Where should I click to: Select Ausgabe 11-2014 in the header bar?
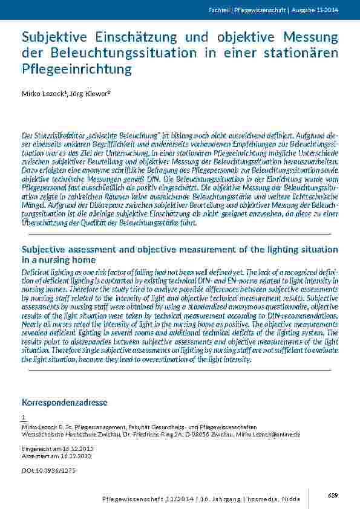pyautogui.click(x=315, y=10)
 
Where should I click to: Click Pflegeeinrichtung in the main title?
pyautogui.click(x=76, y=68)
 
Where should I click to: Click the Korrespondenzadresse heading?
pyautogui.click(x=65, y=402)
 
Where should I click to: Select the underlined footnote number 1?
pyautogui.click(x=24, y=418)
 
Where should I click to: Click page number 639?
pyautogui.click(x=332, y=495)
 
